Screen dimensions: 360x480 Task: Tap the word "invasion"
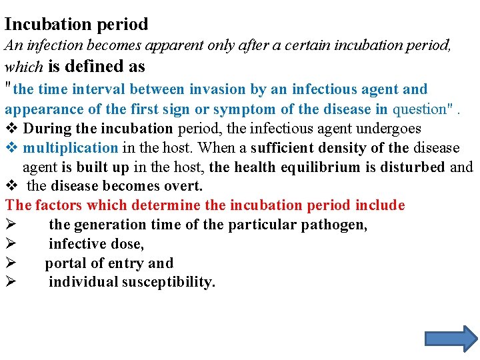point(217,89)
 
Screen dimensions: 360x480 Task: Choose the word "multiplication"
point(71,147)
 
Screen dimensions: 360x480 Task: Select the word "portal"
point(67,263)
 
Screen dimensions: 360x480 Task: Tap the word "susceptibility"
point(169,283)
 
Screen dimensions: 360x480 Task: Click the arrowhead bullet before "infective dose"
point(10,244)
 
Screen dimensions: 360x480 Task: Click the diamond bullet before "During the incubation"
point(11,128)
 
